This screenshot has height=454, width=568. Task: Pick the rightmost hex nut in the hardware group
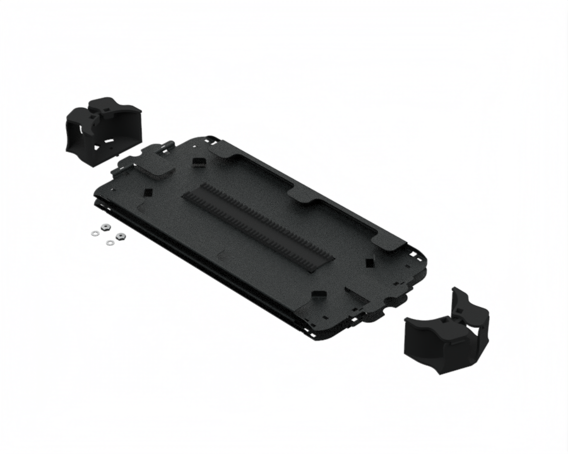pos(121,236)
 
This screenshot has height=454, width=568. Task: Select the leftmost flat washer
pos(95,233)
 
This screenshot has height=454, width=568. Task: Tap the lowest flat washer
pos(110,242)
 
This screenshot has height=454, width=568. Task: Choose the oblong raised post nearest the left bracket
pos(199,163)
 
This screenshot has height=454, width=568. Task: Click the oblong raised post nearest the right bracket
pos(319,294)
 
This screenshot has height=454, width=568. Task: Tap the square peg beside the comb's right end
pos(369,261)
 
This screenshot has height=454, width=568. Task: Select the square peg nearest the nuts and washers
pos(148,192)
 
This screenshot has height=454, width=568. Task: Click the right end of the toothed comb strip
pos(325,259)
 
